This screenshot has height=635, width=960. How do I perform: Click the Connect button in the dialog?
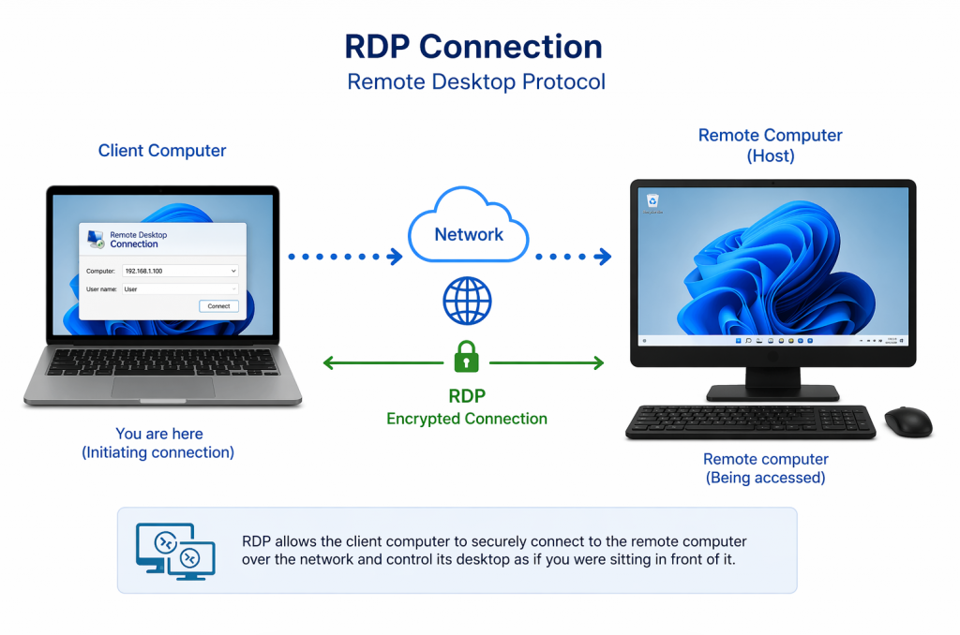click(218, 306)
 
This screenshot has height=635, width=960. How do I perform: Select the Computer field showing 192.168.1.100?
click(181, 271)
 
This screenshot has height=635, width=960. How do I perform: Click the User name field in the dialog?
click(180, 289)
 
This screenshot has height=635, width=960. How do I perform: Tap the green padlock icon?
click(466, 358)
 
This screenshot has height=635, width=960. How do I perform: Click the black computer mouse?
click(907, 421)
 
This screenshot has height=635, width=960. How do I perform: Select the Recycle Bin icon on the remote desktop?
click(652, 201)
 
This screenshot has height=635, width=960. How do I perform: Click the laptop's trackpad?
click(162, 385)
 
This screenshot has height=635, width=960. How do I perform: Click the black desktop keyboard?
click(750, 421)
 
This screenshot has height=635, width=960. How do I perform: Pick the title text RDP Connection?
click(473, 47)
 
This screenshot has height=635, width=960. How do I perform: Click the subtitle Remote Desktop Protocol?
click(476, 82)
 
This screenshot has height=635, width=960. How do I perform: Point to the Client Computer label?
click(162, 151)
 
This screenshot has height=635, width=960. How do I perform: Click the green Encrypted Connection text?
click(467, 419)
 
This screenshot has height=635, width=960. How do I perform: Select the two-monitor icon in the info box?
click(175, 551)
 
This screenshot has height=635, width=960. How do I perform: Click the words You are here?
click(159, 434)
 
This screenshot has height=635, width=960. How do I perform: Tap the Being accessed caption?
click(765, 478)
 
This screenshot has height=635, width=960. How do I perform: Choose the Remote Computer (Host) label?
click(770, 145)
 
